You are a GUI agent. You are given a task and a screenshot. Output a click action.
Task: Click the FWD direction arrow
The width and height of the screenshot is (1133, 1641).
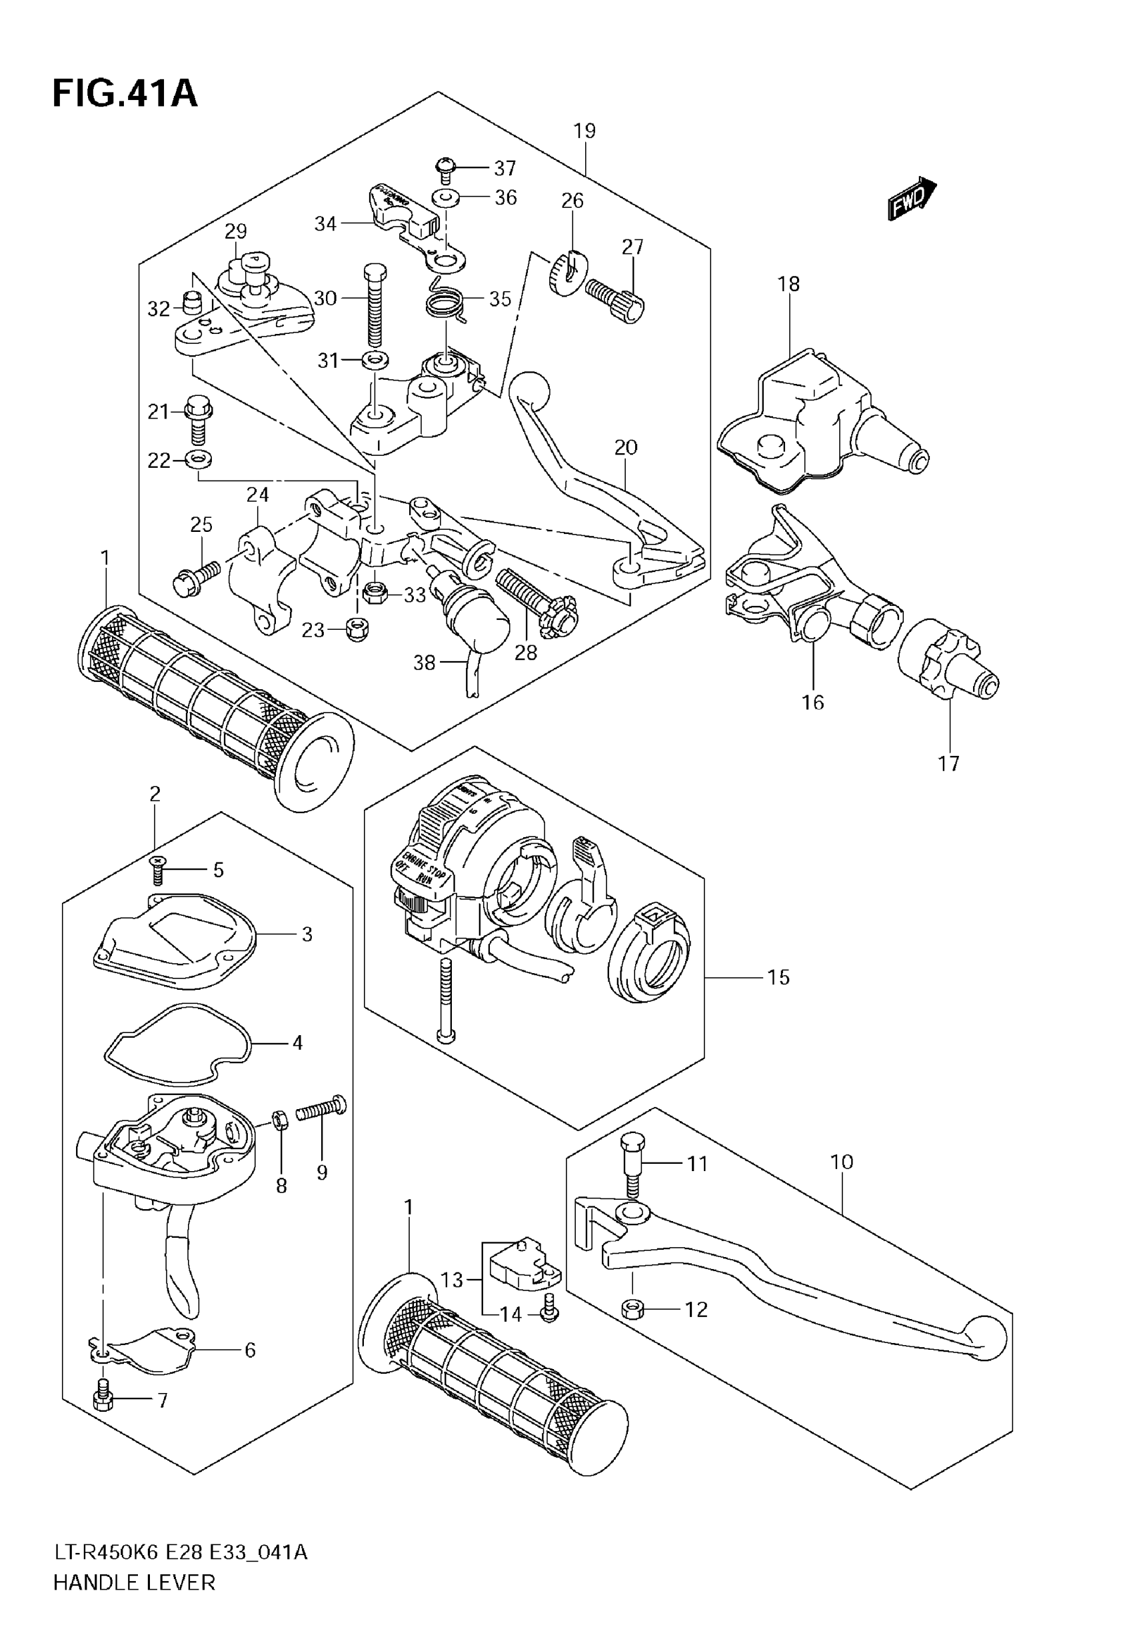(x=912, y=199)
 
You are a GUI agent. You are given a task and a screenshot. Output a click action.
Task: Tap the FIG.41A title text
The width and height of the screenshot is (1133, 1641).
(x=125, y=94)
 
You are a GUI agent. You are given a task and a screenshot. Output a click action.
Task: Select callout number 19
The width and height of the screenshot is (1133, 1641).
(x=584, y=131)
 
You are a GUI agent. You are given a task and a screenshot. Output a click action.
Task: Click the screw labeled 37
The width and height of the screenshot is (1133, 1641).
(x=445, y=171)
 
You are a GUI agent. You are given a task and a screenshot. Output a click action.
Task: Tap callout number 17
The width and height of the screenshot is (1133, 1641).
(x=948, y=764)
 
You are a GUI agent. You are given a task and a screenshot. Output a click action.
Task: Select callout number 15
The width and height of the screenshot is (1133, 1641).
(x=778, y=977)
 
